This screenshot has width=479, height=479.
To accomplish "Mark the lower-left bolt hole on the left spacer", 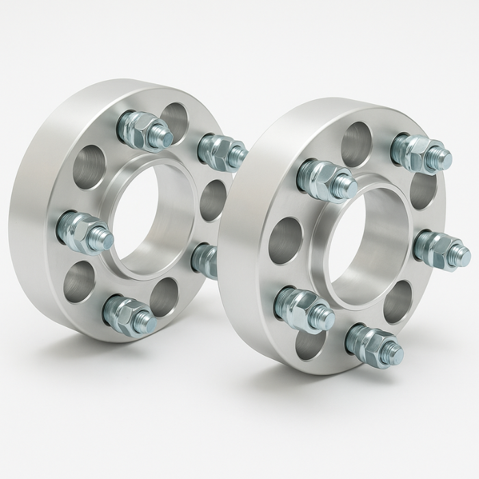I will [x=79, y=283].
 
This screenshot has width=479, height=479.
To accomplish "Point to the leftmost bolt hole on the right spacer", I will [x=285, y=239].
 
